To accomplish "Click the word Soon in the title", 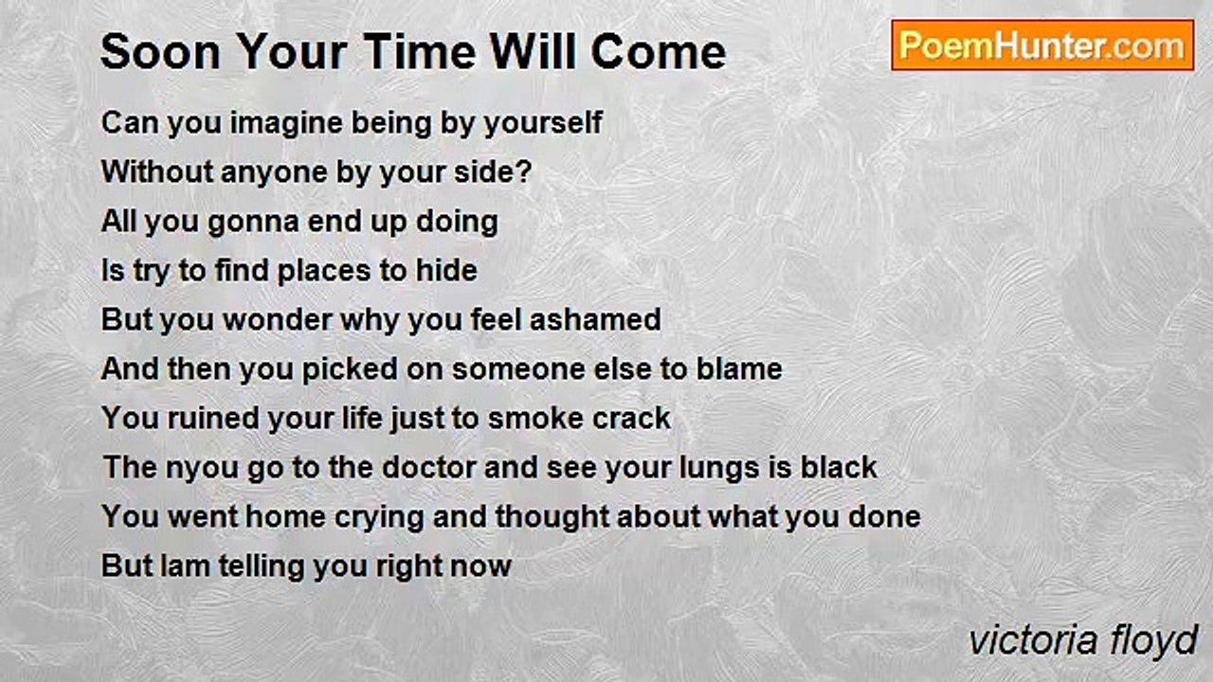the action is pyautogui.click(x=160, y=52).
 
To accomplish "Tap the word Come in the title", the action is pyautogui.click(x=658, y=52).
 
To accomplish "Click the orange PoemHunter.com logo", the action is pyautogui.click(x=1042, y=45).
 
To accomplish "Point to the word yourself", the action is pyautogui.click(x=543, y=124).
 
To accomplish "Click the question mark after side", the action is pyautogui.click(x=525, y=171).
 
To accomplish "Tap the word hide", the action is pyautogui.click(x=446, y=270).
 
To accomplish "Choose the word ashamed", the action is pyautogui.click(x=595, y=319).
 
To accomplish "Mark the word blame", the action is pyautogui.click(x=739, y=368).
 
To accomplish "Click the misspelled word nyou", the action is pyautogui.click(x=202, y=469).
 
